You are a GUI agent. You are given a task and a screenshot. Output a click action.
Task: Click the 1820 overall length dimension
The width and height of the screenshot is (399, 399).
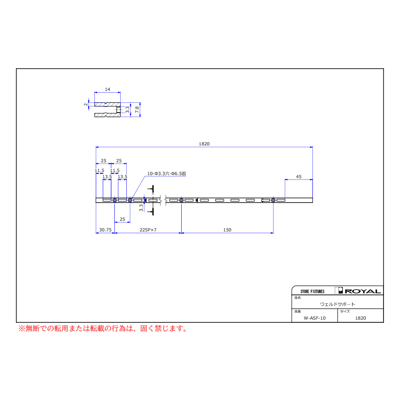click(x=204, y=144)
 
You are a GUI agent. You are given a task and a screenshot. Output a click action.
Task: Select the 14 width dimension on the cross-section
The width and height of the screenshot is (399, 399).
click(x=107, y=90)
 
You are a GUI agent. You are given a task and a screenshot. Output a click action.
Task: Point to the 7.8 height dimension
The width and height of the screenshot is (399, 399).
click(x=137, y=110)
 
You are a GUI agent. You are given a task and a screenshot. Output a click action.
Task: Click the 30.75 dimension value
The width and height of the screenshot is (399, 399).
click(x=105, y=230)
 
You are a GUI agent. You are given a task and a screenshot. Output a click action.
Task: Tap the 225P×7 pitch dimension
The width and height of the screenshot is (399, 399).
click(x=148, y=230)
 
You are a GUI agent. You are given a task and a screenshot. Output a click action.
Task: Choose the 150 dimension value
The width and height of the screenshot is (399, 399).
click(x=227, y=230)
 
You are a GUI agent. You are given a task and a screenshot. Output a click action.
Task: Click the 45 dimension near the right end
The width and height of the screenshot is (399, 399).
click(x=299, y=176)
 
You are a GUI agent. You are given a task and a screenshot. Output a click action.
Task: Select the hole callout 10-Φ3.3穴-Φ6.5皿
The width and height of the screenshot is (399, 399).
click(x=166, y=173)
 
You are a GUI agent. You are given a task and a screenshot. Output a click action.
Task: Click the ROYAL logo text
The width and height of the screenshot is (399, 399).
click(x=363, y=291)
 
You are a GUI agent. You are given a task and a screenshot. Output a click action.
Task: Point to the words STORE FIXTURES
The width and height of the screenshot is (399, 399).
click(x=312, y=291)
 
